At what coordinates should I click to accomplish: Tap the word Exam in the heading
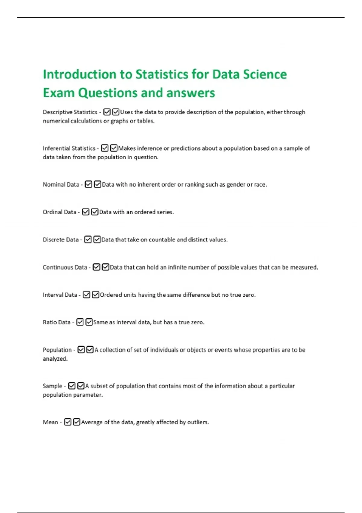(x=59, y=93)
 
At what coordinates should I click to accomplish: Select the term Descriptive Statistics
(x=70, y=112)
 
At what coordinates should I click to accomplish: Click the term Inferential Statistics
(x=69, y=148)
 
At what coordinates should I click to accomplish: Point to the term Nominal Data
(x=61, y=184)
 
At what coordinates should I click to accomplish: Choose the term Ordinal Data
(x=59, y=212)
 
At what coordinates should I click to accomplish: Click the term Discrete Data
(x=61, y=240)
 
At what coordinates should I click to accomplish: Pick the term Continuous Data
(x=65, y=267)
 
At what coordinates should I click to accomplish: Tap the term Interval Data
(x=60, y=295)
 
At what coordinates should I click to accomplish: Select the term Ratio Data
(x=56, y=322)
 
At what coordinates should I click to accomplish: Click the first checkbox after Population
(x=81, y=349)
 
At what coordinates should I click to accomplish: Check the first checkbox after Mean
(x=68, y=422)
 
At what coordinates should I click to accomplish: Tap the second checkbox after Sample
(x=81, y=386)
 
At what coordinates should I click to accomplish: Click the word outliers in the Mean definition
(x=198, y=422)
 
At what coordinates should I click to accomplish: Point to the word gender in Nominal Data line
(x=236, y=184)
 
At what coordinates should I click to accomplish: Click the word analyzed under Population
(x=55, y=359)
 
